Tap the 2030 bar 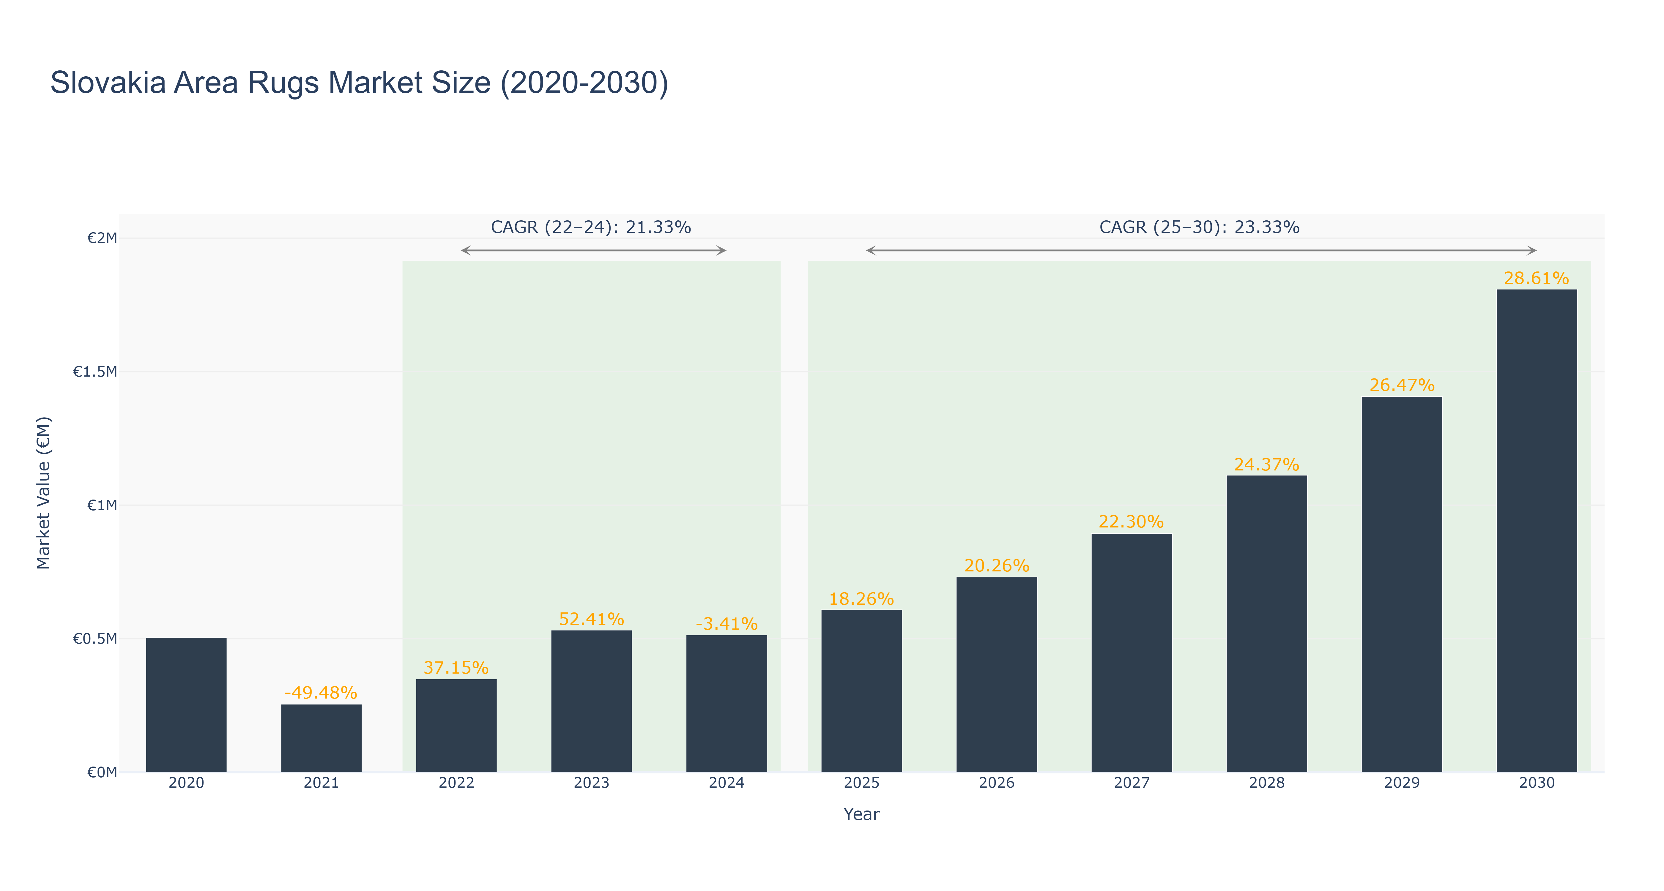(x=1537, y=531)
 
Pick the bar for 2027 (x=1132, y=653)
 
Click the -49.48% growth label (x=321, y=693)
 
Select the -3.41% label (x=727, y=624)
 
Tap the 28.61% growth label (x=1537, y=278)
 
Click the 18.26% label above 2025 (x=862, y=599)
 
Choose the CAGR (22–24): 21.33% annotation (x=591, y=227)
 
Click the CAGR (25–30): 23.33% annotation (x=1200, y=227)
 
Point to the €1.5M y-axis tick (x=95, y=372)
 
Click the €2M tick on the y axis (x=102, y=238)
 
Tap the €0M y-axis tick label (x=102, y=772)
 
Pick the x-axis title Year (x=862, y=814)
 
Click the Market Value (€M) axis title (x=43, y=493)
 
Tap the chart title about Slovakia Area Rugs (x=359, y=83)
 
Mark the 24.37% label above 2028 (x=1267, y=465)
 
